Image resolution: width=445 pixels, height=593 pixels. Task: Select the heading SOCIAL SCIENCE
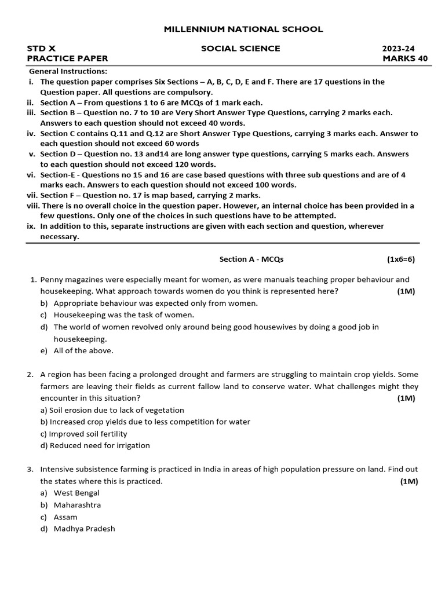coord(240,48)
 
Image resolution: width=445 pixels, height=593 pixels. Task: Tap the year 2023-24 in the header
coord(399,48)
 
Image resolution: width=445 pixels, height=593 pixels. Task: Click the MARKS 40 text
coord(400,58)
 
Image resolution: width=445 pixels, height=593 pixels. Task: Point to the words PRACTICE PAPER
coord(67,58)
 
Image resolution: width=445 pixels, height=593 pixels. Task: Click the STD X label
coord(41,48)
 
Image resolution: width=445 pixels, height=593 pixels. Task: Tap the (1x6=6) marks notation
coord(401,259)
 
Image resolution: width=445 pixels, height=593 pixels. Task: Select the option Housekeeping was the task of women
coord(124,315)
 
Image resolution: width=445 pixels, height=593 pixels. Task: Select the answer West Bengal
coord(76,493)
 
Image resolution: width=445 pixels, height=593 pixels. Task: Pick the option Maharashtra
coord(77,505)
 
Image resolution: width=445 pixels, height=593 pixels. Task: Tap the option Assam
coord(65,517)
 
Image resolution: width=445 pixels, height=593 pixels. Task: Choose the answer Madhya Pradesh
coord(84,528)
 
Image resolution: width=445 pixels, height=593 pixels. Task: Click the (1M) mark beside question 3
coord(408,481)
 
